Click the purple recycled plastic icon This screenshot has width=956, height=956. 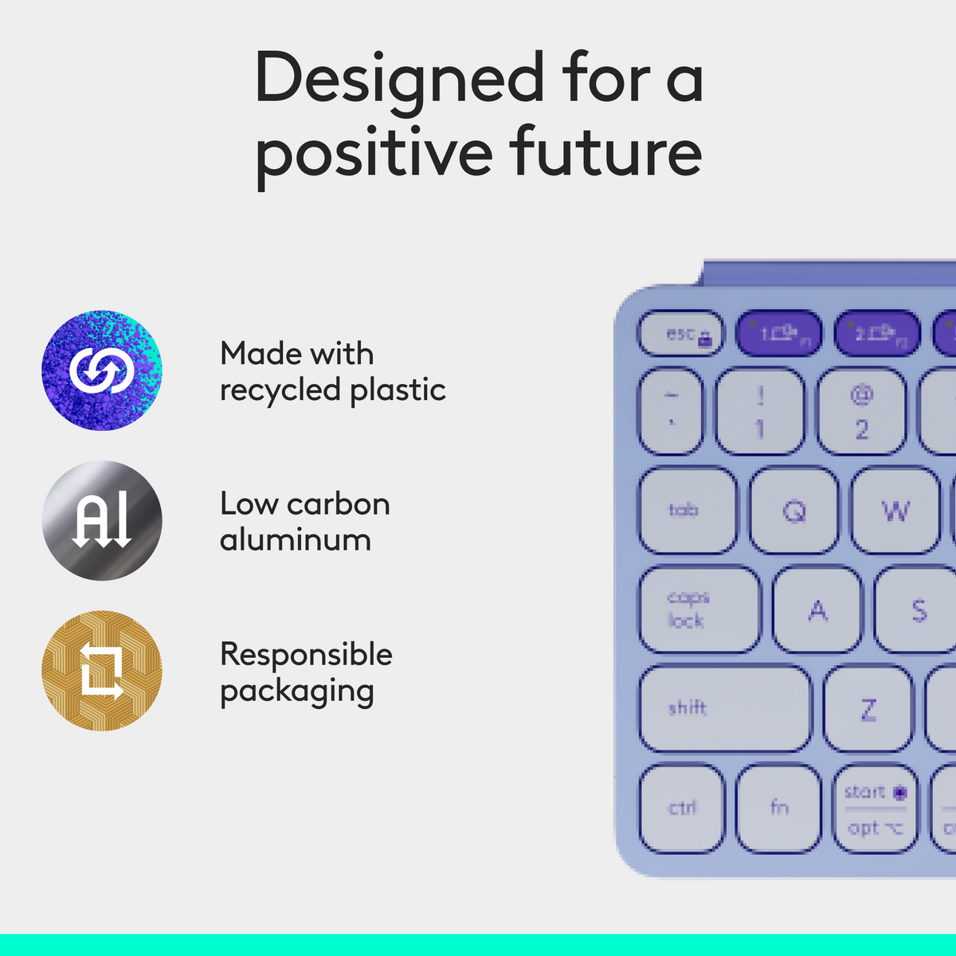pos(102,370)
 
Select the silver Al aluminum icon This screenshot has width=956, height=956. pos(102,520)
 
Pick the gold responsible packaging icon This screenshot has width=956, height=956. pos(102,671)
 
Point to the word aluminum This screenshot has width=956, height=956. pos(296,540)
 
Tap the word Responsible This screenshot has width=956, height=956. pos(306,655)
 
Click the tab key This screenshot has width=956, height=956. pos(688,511)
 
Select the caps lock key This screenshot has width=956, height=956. pos(699,609)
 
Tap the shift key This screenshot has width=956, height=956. pos(724,708)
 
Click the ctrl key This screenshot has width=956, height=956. pos(682,808)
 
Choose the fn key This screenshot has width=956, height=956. pos(778,808)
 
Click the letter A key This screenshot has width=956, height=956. pos(817,609)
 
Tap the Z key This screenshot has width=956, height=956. pos(868,708)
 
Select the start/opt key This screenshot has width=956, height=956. pos(875,808)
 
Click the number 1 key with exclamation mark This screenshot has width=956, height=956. pos(759,413)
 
